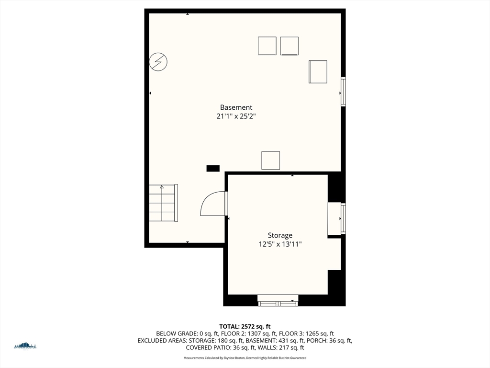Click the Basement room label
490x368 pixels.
pos(236,107)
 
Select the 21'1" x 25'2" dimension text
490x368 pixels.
pos(236,116)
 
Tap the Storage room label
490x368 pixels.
pos(280,235)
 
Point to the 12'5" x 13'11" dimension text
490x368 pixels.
pos(280,244)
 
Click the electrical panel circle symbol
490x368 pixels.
pos(158,62)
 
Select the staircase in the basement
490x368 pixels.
pos(163,203)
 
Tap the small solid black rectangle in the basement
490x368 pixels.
pos(213,168)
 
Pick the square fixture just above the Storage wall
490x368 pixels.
pos(270,160)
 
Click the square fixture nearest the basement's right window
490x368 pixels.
pos(318,72)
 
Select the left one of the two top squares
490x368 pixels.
pos(267,46)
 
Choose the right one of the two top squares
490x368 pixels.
pos(290,46)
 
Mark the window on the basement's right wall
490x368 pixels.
pos(343,92)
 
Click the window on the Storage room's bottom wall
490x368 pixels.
pos(278,301)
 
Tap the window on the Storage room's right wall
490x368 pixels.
pos(343,218)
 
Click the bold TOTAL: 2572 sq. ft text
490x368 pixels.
pos(245,326)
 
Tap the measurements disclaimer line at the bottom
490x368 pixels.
pos(245,358)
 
